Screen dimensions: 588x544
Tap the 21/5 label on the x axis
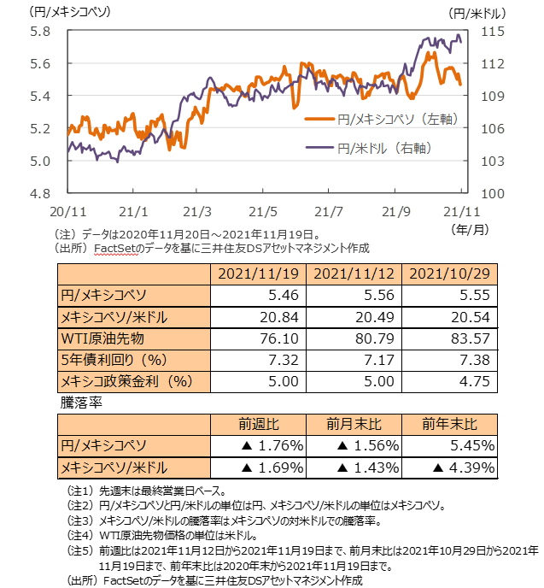pyautogui.click(x=266, y=211)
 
